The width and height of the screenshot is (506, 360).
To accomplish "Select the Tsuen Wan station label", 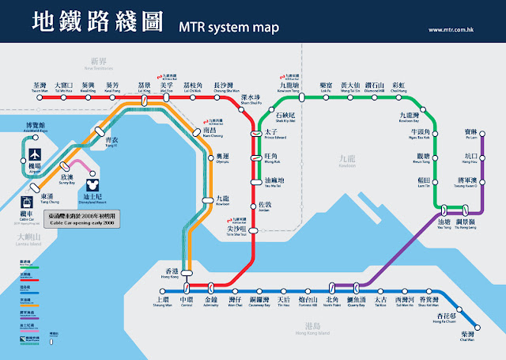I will (40, 88).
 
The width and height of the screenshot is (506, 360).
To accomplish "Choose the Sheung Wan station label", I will (162, 302).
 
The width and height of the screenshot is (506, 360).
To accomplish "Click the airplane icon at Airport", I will (36, 152).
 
